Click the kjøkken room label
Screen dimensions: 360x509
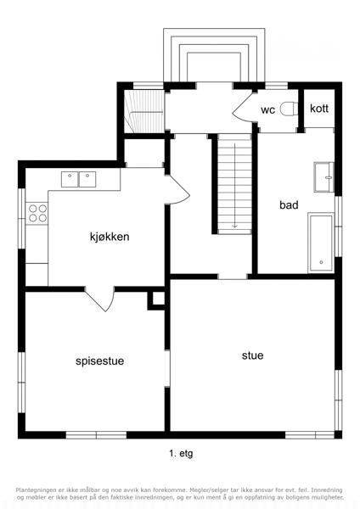tap(110, 237)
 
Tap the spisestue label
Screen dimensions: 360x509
tap(99, 361)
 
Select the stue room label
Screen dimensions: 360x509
tap(252, 355)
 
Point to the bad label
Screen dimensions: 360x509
tap(289, 204)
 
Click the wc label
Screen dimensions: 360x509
tap(267, 110)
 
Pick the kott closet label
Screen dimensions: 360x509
tap(319, 109)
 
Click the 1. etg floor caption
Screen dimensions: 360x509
tap(181, 454)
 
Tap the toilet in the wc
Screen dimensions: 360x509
tap(289, 109)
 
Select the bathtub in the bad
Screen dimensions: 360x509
tap(321, 243)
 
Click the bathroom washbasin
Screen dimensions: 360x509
tap(324, 177)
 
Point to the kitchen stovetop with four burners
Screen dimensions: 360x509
tap(37, 213)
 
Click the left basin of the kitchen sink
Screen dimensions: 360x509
tap(70, 180)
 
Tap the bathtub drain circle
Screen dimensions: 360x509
tap(321, 262)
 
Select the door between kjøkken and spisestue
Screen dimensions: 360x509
tap(99, 299)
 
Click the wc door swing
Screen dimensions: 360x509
tap(242, 107)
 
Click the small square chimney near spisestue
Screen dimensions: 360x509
tap(156, 300)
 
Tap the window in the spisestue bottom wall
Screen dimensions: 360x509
tap(96, 435)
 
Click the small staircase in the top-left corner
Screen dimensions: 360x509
tap(144, 111)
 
